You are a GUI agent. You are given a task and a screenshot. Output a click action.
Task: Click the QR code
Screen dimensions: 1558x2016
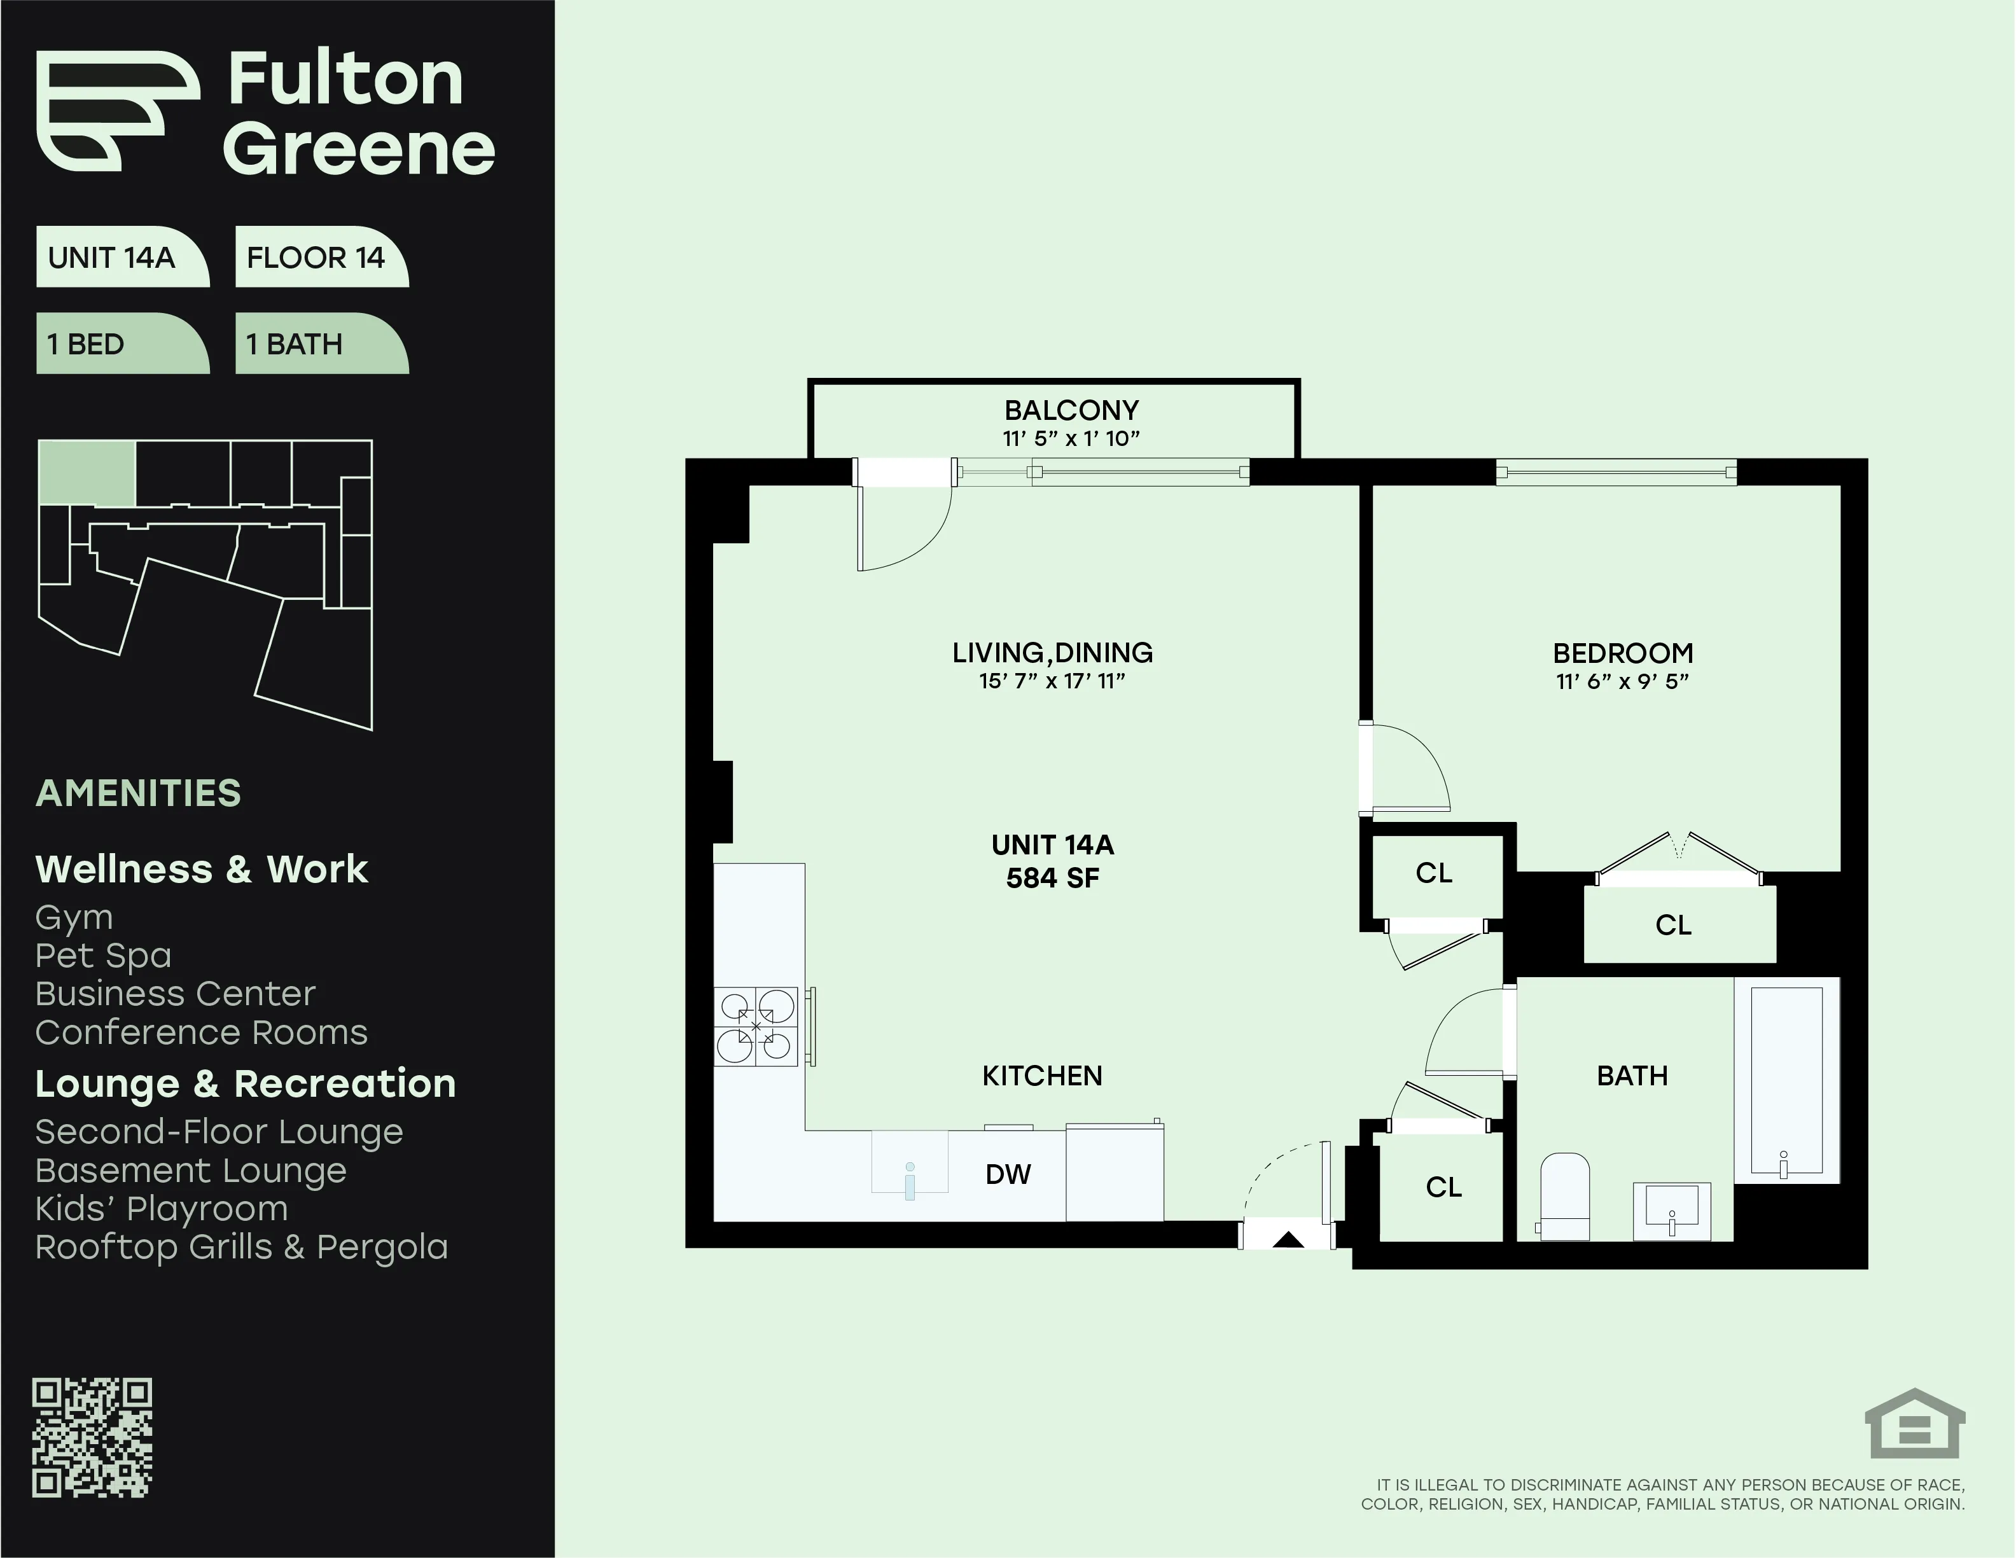click(92, 1438)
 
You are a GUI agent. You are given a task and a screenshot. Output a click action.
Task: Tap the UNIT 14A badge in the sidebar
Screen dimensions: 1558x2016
click(112, 258)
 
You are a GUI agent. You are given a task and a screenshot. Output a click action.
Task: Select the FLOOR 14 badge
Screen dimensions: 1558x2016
click(316, 258)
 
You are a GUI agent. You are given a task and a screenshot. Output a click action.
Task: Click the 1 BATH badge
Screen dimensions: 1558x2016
click(295, 344)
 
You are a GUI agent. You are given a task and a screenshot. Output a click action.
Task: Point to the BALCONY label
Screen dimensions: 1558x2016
click(1071, 410)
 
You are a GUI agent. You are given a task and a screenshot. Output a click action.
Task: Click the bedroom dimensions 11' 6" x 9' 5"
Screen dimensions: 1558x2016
click(1622, 682)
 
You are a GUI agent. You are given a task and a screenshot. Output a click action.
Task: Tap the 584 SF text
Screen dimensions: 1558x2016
click(1052, 878)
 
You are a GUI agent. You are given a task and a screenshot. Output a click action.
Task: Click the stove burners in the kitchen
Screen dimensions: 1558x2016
click(756, 1026)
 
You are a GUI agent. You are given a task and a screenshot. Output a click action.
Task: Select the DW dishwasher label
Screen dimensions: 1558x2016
click(1007, 1174)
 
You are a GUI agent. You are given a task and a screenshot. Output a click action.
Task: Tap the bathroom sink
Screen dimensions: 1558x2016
click(1672, 1211)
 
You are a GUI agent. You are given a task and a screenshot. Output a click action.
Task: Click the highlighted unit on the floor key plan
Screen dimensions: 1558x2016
click(88, 473)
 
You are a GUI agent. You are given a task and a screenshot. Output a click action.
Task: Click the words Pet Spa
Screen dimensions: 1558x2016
click(104, 956)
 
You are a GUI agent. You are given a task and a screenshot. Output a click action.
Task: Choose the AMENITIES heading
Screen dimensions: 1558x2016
click(139, 793)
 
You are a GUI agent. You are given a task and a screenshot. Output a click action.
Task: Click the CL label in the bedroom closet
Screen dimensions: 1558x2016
click(1672, 925)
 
